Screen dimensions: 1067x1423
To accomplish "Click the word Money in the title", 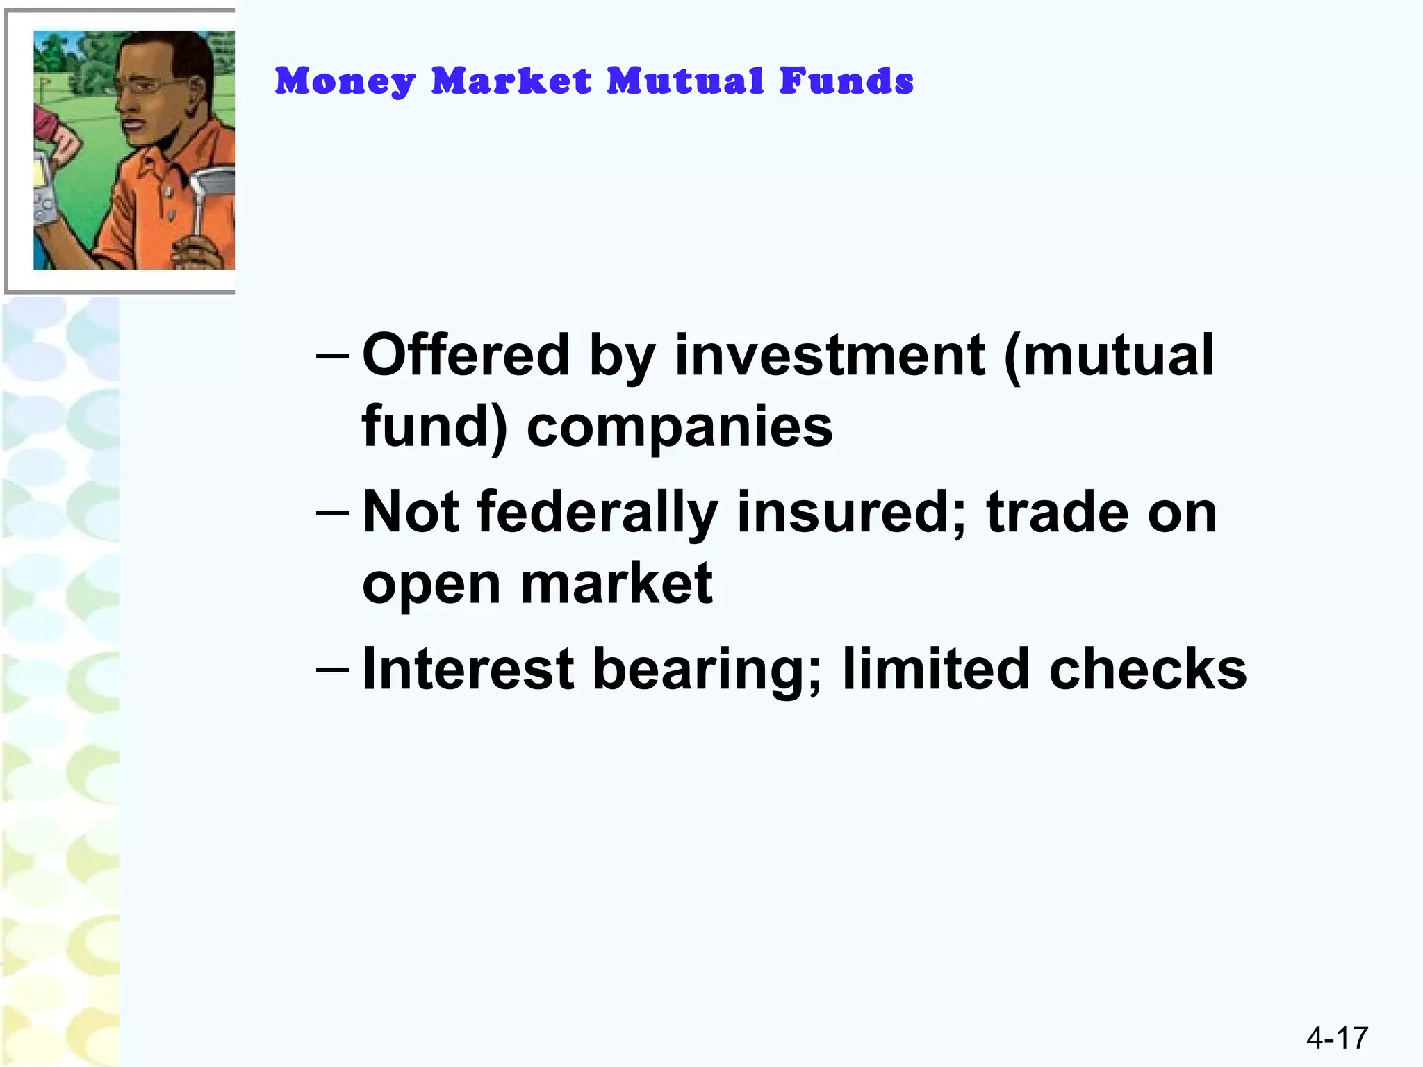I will tap(345, 82).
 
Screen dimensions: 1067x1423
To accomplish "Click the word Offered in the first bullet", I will tap(466, 355).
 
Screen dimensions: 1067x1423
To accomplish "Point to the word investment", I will tap(830, 355).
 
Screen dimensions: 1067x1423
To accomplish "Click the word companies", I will tap(680, 427).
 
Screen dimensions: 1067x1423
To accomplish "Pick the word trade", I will tap(1058, 513).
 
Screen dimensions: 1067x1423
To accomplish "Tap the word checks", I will tap(1148, 669).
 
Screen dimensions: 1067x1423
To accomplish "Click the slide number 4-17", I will tap(1337, 1038).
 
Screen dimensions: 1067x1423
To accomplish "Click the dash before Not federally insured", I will tap(333, 514).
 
